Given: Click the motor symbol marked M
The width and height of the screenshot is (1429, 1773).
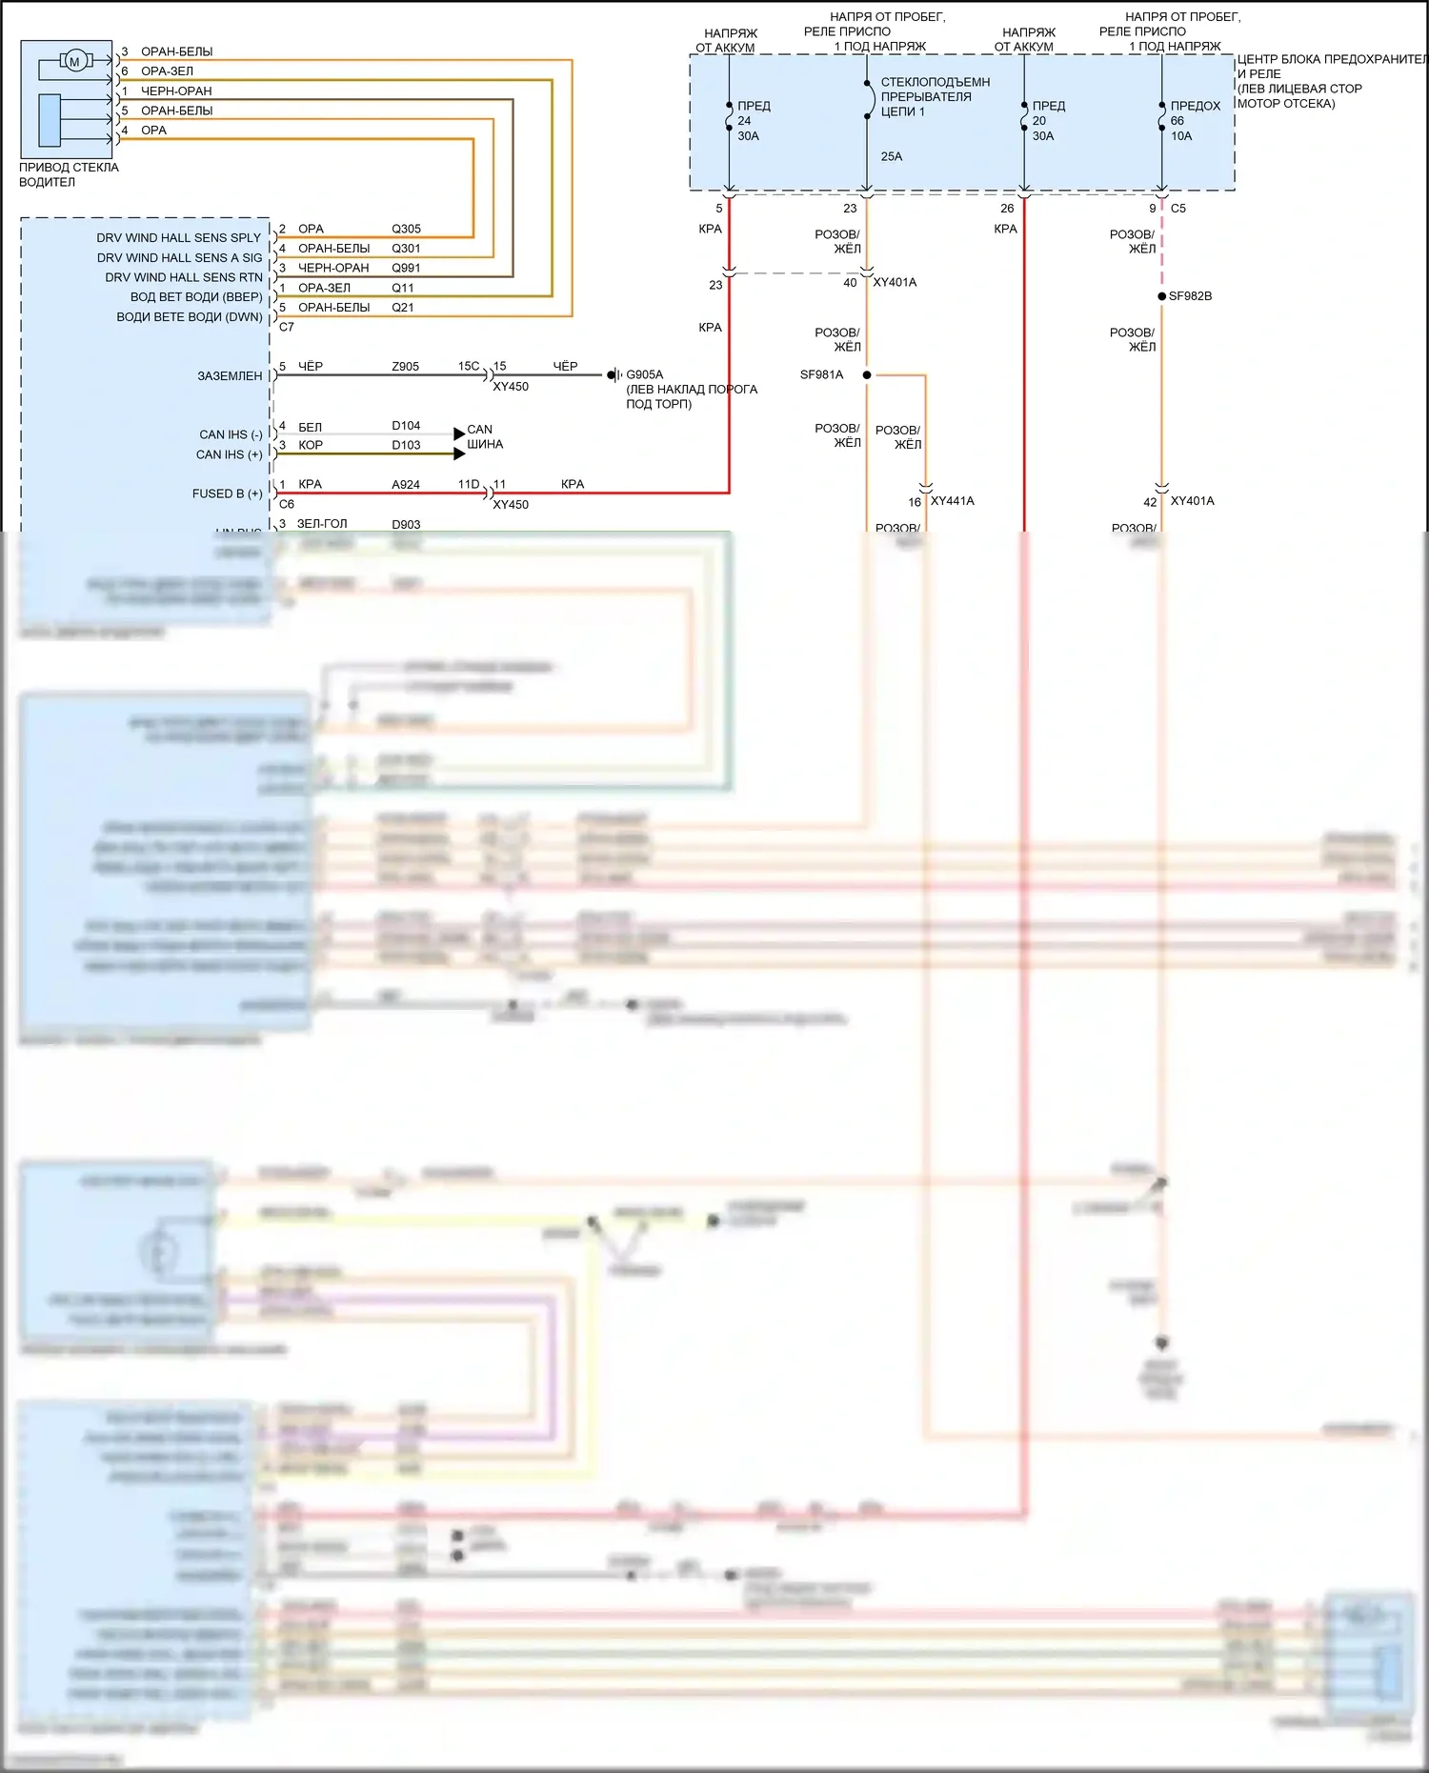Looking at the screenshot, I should (74, 62).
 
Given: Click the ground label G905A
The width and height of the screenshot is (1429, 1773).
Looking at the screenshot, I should (645, 374).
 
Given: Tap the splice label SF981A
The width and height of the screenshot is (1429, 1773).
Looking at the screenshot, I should (821, 374).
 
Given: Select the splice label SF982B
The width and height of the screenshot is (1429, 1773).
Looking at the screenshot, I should (1190, 296).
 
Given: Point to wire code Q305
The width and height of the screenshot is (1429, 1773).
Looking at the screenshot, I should (406, 229).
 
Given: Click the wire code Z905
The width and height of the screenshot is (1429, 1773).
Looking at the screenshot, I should (405, 366).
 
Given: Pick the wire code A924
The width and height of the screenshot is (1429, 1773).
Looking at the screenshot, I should (405, 484).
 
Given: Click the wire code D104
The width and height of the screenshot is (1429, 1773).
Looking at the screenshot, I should (405, 426).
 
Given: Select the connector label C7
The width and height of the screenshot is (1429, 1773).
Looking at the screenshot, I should (286, 327).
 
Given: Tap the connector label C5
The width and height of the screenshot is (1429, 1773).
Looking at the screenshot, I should (1178, 208).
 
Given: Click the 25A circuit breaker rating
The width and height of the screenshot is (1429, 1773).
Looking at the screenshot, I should (891, 156).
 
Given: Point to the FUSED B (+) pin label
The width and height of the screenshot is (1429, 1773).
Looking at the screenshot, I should (227, 494).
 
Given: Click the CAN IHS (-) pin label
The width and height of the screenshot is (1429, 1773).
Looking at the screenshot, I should (231, 434).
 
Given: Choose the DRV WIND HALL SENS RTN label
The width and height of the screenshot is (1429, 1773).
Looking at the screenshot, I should (183, 277).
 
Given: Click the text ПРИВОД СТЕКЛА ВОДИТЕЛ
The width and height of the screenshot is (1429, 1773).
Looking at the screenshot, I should (69, 174).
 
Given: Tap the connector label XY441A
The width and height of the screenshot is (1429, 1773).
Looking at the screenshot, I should (952, 501).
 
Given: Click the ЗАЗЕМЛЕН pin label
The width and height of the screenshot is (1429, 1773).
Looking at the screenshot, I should (230, 376).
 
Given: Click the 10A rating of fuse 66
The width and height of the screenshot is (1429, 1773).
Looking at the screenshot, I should (1180, 136).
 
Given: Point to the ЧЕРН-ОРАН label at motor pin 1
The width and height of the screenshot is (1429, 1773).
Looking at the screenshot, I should (176, 91).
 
